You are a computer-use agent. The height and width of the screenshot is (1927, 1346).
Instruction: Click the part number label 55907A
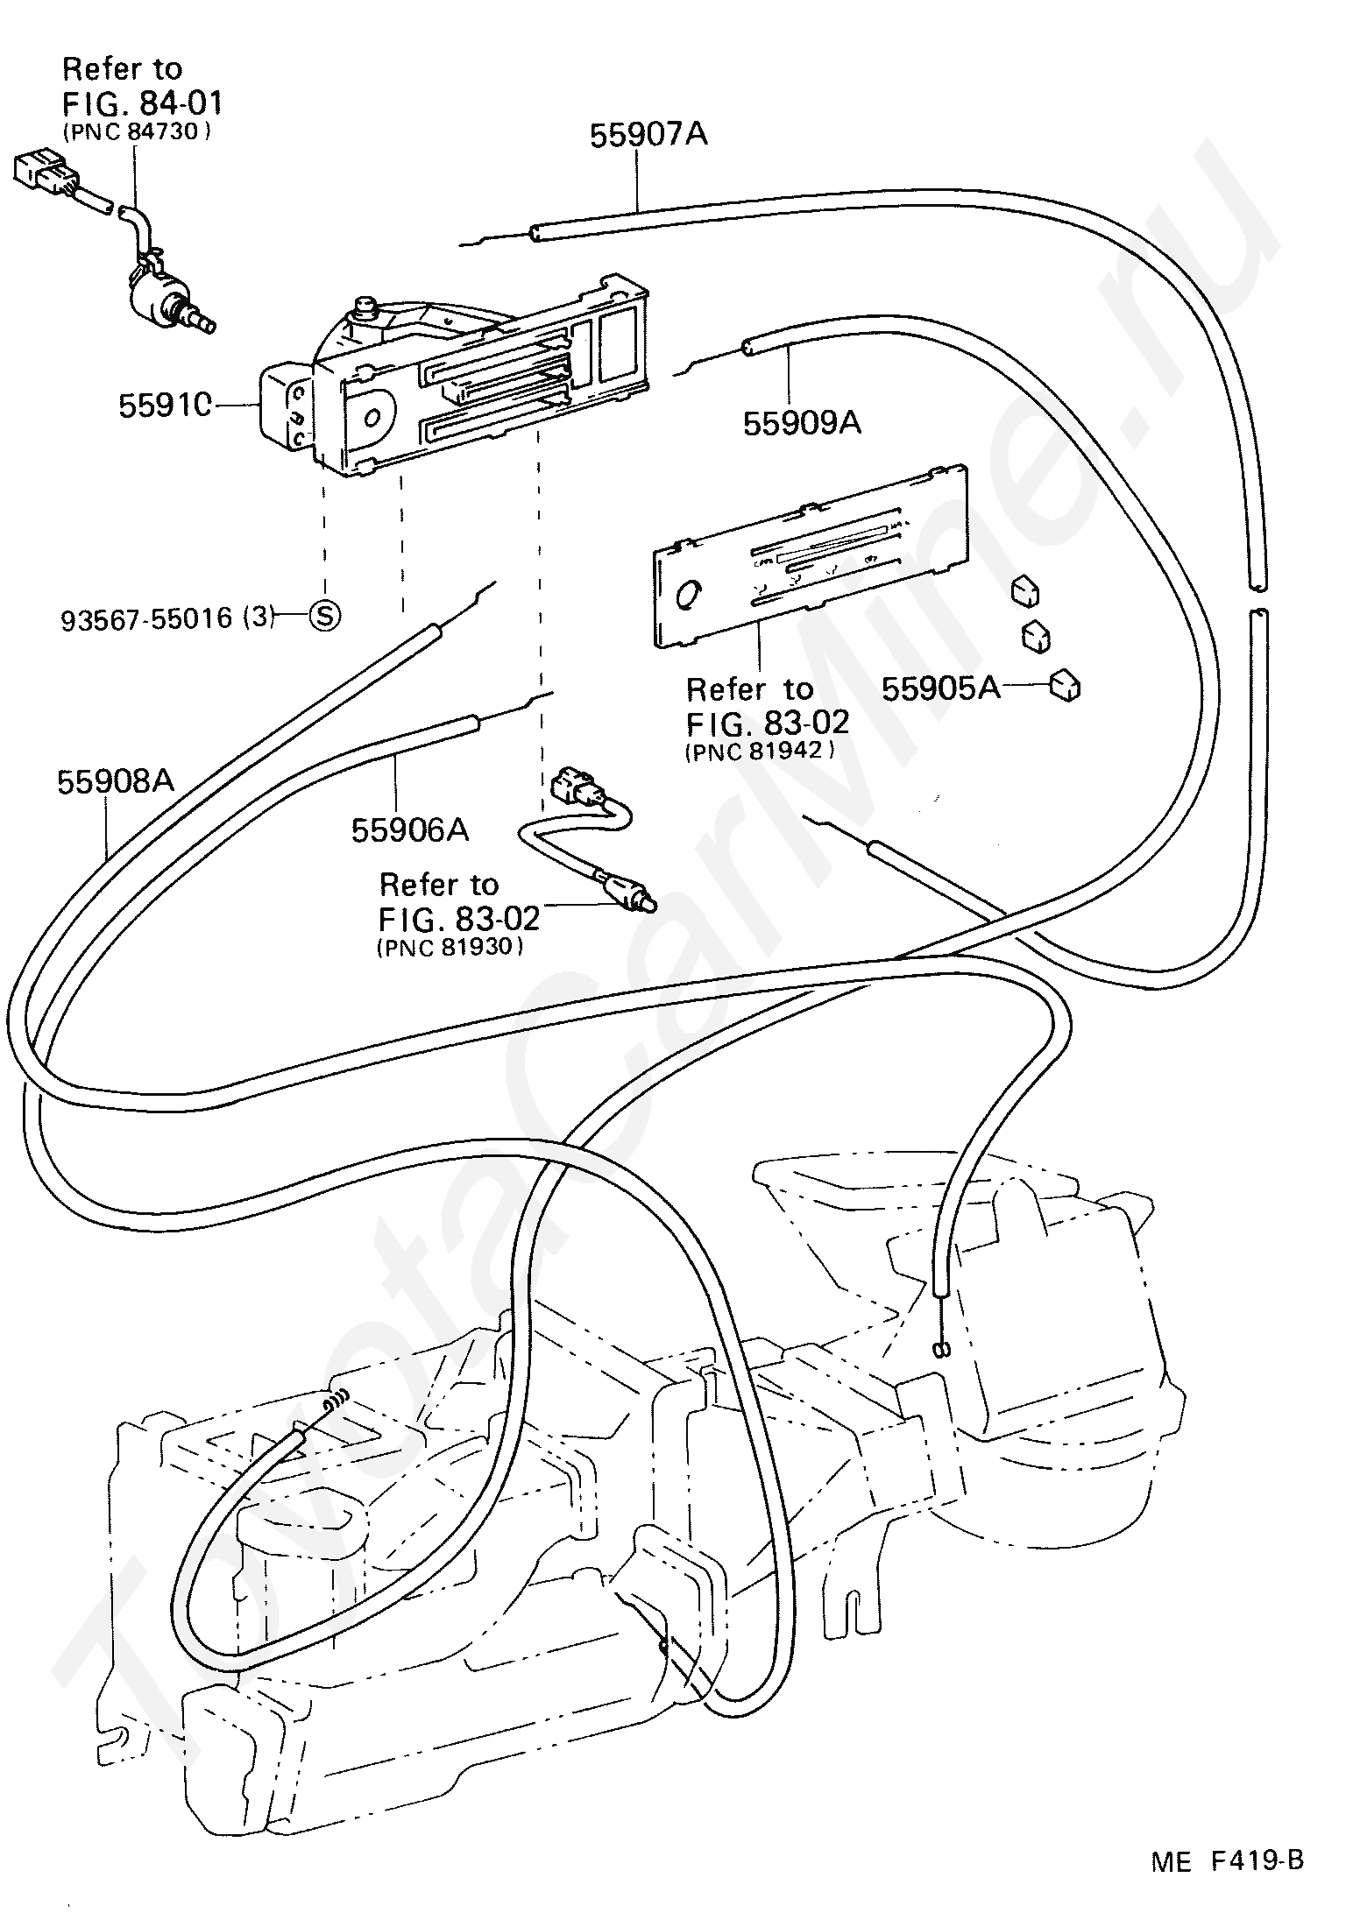(x=648, y=135)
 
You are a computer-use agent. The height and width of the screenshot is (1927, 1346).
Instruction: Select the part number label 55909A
(x=802, y=423)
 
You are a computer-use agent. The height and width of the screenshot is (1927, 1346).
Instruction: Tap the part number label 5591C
(x=166, y=406)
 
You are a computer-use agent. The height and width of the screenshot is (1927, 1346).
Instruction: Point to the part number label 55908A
(x=116, y=781)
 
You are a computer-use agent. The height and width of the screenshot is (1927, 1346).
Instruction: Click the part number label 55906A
(x=410, y=829)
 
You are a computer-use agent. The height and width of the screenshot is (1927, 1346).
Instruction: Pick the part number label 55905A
(x=940, y=688)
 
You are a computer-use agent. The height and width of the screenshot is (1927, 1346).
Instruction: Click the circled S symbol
(x=324, y=616)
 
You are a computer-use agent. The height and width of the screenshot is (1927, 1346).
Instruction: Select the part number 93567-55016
(x=146, y=620)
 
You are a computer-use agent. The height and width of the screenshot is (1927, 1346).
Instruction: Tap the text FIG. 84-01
(x=143, y=103)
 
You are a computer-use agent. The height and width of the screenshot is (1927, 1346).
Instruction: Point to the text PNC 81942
(x=759, y=751)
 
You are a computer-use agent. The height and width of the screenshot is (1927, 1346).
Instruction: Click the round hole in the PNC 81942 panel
(x=691, y=595)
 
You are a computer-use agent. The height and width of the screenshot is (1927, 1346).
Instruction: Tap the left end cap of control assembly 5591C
(x=287, y=409)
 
